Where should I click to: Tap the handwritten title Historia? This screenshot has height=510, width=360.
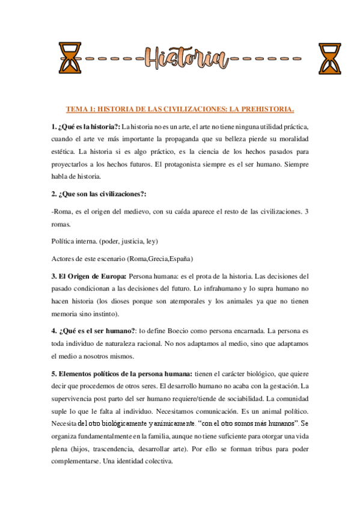(x=185, y=58)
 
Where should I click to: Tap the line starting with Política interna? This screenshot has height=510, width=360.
(x=105, y=241)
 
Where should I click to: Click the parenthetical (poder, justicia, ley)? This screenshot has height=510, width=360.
(x=127, y=241)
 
